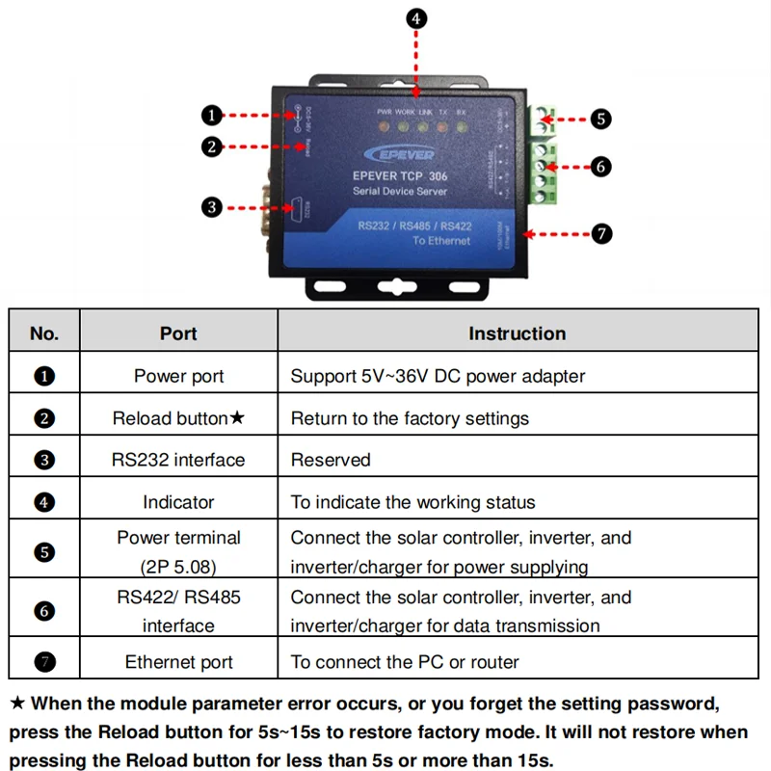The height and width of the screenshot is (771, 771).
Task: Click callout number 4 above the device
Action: point(415,17)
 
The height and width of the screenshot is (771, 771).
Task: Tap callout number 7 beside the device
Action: point(601,234)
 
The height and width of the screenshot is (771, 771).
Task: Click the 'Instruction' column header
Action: point(517,333)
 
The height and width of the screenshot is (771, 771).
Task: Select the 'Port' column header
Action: point(178,333)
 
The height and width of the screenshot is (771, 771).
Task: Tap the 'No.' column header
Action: point(44,333)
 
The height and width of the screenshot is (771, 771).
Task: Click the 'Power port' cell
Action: point(178,376)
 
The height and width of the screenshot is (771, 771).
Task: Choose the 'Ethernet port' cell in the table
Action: point(178,662)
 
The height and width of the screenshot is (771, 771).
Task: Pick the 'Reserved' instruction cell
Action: point(331,460)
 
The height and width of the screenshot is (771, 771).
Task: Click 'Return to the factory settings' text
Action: point(410,418)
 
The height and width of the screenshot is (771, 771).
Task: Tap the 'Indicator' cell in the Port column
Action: point(178,502)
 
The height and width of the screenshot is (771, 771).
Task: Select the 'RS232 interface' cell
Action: point(178,460)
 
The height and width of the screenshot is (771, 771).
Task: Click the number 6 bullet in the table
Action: point(44,611)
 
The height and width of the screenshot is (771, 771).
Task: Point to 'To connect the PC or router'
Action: point(405,662)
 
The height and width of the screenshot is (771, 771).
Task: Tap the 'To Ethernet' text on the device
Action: point(441,241)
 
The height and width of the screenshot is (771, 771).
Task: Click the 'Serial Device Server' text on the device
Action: point(399,193)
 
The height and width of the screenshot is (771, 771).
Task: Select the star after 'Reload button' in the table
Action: point(237,418)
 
